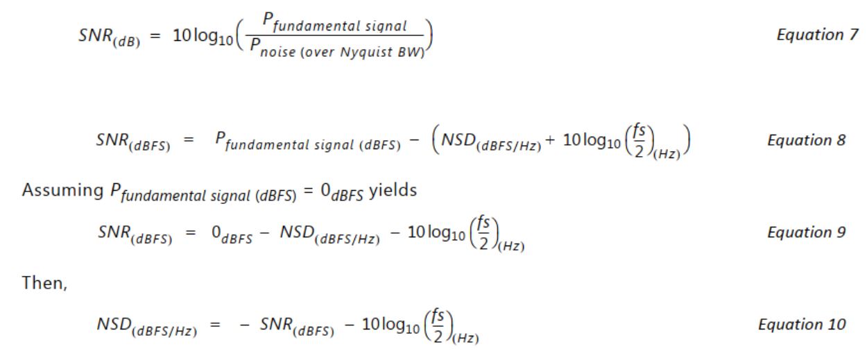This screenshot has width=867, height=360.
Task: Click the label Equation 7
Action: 818,35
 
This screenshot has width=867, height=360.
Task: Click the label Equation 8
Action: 807,140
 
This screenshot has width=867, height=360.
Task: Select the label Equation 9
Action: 807,232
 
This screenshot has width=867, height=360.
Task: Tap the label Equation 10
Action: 802,325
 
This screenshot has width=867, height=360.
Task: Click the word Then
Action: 44,283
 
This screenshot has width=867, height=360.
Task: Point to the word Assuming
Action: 62,191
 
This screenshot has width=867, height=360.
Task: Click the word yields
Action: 393,191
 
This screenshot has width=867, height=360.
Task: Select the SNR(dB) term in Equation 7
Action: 109,37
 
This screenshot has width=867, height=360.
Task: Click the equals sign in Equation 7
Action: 155,36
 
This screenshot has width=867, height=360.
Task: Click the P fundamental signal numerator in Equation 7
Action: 335,22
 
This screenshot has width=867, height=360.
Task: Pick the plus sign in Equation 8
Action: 549,140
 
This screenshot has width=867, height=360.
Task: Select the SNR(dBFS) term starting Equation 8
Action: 133,143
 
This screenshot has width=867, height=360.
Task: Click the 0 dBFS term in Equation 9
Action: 232,235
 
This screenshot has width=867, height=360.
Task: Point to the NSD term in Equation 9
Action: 329,235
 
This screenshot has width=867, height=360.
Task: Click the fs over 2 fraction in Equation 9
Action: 484,233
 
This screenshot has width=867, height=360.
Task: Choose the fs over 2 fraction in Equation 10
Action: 438,325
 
